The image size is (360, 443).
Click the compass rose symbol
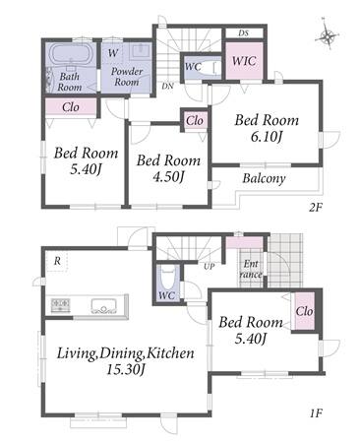[x=327, y=35]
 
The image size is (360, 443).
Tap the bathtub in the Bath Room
[x=71, y=54]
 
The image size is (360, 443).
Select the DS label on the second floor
[x=244, y=32]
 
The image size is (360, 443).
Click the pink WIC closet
[x=244, y=61]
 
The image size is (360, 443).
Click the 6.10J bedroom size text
[x=267, y=137]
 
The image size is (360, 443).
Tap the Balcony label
[x=264, y=178]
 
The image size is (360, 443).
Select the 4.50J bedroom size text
[x=168, y=177]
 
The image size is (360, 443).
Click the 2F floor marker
[x=316, y=208]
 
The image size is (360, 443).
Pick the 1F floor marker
[x=316, y=412]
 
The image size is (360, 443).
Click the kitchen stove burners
[x=60, y=305]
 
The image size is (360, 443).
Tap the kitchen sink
[x=103, y=306]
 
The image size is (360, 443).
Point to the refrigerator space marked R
[x=57, y=262]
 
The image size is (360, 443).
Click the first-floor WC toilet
[x=168, y=277]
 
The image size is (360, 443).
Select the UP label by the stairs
[x=210, y=267]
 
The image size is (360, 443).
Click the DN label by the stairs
[x=167, y=87]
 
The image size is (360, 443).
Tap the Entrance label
[x=251, y=269]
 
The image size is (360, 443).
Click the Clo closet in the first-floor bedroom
[x=305, y=311]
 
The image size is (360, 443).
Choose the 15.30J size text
[x=126, y=370]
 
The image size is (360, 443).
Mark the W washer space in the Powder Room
[x=112, y=53]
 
